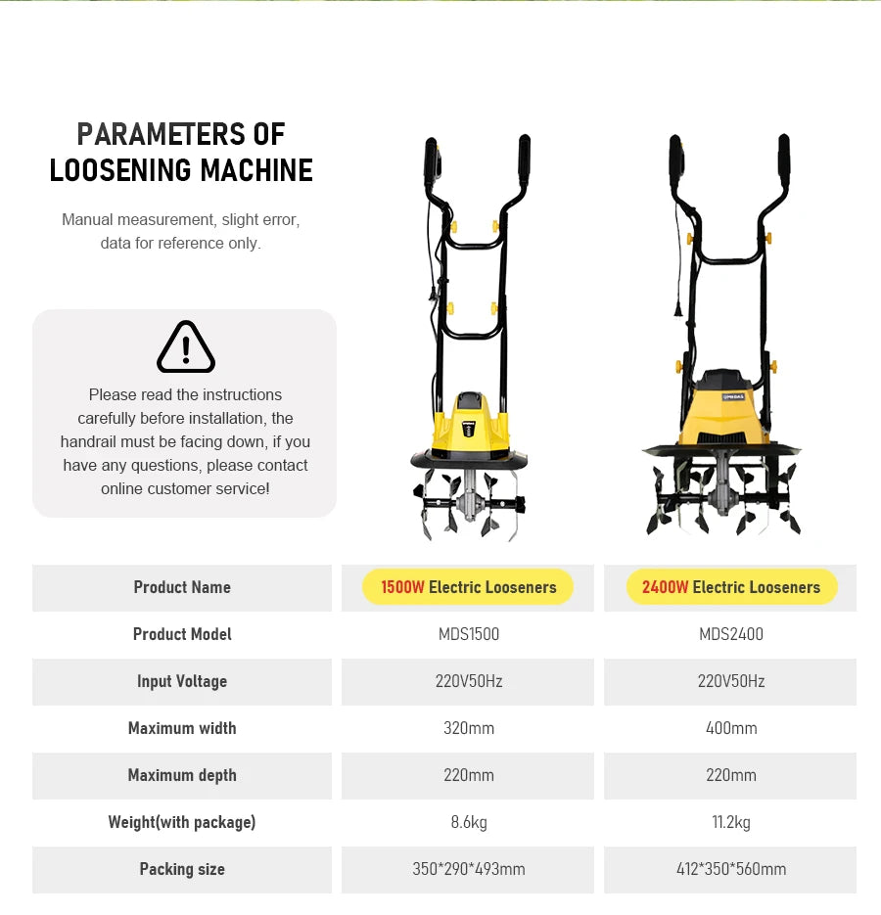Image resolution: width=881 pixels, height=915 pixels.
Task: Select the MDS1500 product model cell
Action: [468, 634]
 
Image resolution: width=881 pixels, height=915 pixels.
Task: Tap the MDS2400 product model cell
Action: [730, 634]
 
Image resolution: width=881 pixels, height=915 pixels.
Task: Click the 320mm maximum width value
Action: [468, 728]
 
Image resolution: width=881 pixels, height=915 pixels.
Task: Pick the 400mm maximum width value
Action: [730, 728]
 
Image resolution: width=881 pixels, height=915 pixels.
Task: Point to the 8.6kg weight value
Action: [468, 822]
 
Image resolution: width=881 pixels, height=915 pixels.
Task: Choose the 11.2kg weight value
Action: [730, 822]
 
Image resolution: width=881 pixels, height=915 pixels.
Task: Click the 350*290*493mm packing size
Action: [468, 869]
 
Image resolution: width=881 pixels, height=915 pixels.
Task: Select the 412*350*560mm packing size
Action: [730, 869]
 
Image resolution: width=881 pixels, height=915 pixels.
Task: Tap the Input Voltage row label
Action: [182, 681]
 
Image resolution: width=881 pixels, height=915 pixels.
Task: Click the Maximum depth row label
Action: [182, 775]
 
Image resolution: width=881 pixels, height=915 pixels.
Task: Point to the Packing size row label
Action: [182, 869]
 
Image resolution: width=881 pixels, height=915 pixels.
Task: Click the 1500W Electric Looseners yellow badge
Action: [468, 587]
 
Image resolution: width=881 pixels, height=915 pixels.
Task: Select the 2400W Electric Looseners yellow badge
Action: [730, 587]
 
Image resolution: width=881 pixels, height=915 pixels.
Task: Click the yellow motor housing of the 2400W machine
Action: [725, 411]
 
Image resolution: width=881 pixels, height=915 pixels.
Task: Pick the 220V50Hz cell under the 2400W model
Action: [730, 681]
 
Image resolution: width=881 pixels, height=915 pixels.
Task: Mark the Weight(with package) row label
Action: [182, 822]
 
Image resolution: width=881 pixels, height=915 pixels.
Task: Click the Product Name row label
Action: [182, 587]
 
